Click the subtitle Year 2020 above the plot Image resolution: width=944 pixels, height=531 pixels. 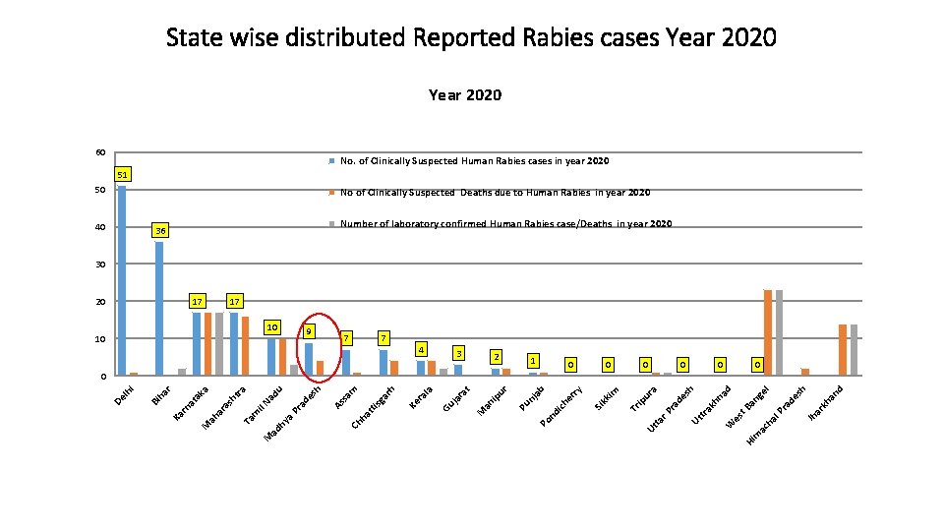[464, 95]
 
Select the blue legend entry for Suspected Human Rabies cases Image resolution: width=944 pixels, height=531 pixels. [474, 160]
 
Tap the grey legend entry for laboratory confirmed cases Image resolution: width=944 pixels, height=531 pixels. [503, 224]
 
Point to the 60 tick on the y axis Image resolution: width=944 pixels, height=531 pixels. [100, 152]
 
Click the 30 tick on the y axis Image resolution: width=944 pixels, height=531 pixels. [100, 265]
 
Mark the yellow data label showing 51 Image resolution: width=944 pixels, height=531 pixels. [122, 175]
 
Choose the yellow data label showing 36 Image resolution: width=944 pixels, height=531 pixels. [159, 231]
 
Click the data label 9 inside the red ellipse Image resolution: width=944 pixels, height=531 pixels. [309, 331]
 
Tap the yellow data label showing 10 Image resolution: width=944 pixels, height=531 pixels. [273, 325]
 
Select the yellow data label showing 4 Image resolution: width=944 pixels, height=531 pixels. [421, 349]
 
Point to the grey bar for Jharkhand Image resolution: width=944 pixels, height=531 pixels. [854, 349]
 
